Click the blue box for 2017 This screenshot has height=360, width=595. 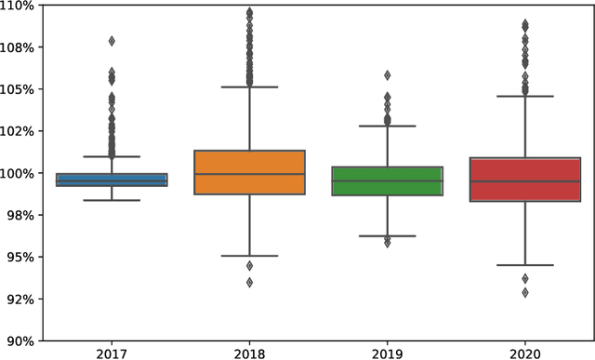[x=112, y=180]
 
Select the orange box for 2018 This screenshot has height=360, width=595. [x=249, y=172]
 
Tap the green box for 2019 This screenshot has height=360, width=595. [x=388, y=180]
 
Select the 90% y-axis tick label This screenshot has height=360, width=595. [x=21, y=340]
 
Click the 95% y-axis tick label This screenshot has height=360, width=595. [x=21, y=257]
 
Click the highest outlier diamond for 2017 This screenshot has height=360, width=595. [x=112, y=41]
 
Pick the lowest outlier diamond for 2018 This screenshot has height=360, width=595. [x=249, y=282]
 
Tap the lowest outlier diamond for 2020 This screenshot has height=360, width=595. [x=525, y=292]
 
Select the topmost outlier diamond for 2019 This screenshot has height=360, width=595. [x=388, y=75]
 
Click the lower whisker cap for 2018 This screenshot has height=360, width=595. [x=249, y=256]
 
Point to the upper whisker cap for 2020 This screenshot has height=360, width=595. [x=525, y=96]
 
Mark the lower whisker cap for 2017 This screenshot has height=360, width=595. [x=112, y=200]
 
